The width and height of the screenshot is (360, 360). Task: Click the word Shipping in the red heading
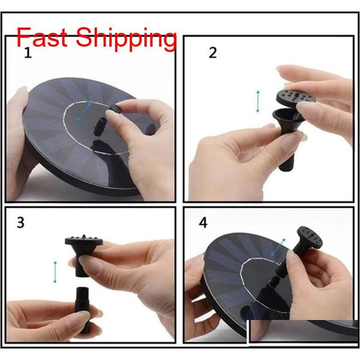pos(130,40)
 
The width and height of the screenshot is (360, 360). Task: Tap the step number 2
pos(212,52)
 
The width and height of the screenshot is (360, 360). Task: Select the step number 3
pos(20,223)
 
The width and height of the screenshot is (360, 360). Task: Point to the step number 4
pos(203,223)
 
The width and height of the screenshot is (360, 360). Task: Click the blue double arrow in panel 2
pos(258,101)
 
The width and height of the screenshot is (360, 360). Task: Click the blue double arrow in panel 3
pos(56,272)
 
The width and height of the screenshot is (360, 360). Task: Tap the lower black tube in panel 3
pos(83,302)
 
